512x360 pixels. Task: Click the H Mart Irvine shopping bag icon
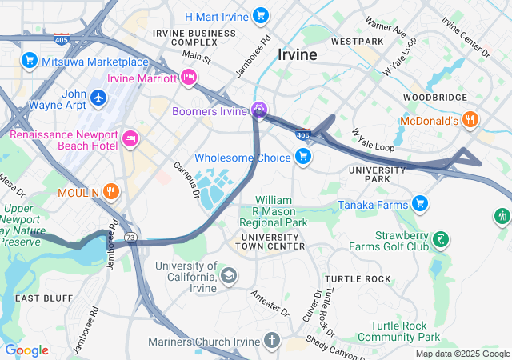tap(260, 15)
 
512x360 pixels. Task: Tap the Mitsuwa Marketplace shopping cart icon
tap(30, 60)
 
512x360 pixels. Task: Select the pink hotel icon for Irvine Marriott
tap(189, 78)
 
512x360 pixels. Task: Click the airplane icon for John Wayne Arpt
tap(98, 97)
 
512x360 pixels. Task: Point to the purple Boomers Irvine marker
tap(259, 110)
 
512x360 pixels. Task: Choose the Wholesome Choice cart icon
tap(303, 157)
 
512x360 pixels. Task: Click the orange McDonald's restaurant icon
tap(470, 121)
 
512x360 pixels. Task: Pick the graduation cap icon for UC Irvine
tap(230, 276)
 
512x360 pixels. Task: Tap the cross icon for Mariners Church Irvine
tap(272, 342)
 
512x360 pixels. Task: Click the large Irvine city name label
tap(297, 54)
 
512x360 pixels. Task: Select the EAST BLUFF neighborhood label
tap(39, 298)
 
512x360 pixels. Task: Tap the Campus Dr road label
tap(186, 178)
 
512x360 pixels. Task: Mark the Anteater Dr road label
tap(269, 301)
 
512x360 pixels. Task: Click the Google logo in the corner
tap(26, 350)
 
